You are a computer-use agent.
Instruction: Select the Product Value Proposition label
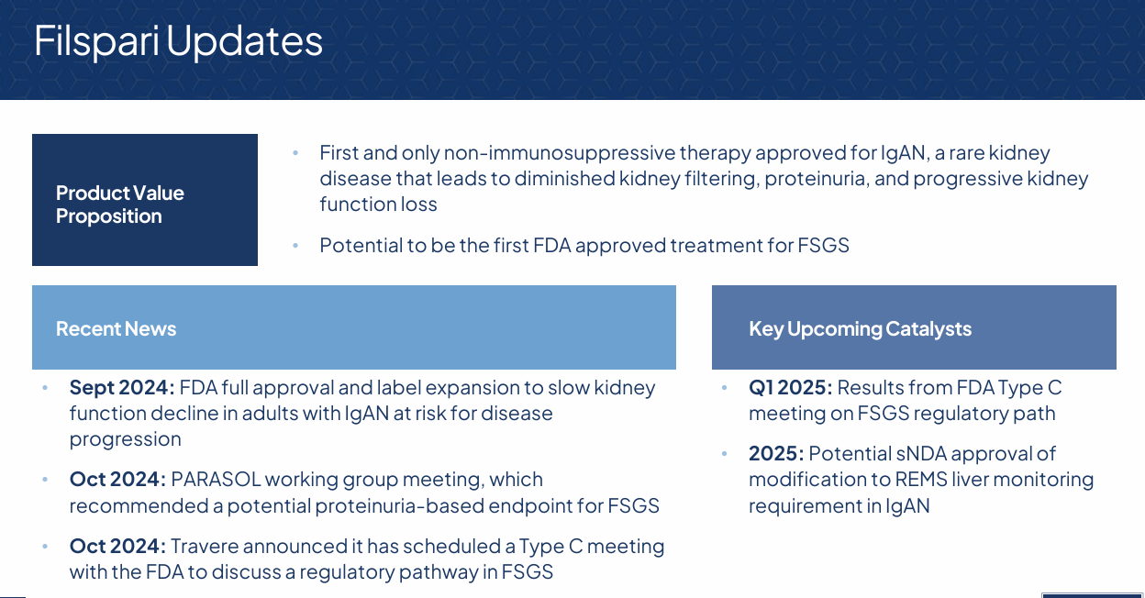[119, 205]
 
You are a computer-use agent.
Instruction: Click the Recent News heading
[116, 328]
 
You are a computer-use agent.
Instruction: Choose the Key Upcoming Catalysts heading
[860, 328]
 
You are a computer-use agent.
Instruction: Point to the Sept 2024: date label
[122, 387]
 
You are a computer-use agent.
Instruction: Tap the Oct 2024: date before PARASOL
[117, 480]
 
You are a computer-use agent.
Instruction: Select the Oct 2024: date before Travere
[117, 547]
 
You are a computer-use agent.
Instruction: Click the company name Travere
[206, 547]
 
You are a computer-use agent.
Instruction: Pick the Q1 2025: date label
[790, 387]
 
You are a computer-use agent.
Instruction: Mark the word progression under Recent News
[126, 439]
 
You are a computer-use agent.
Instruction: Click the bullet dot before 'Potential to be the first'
[295, 246]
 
